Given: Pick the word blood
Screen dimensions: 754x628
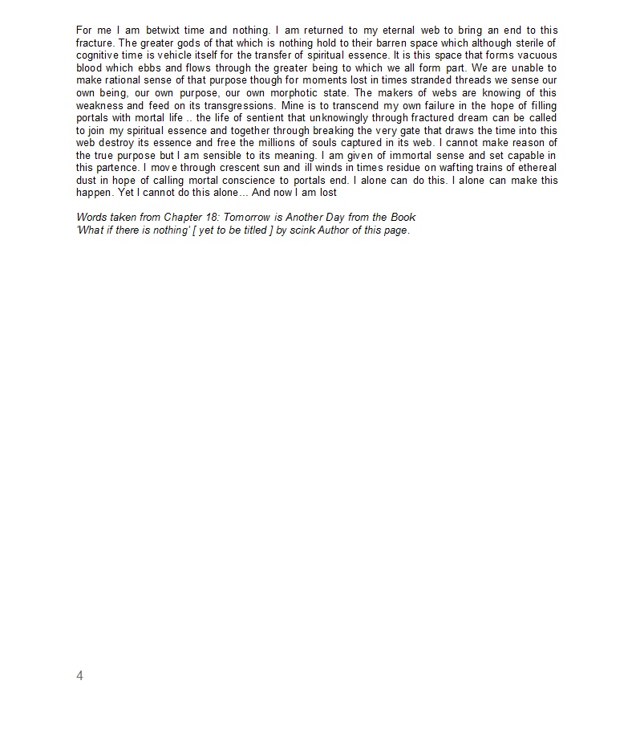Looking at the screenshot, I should (91, 68).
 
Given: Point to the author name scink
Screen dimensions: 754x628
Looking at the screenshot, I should (306, 230).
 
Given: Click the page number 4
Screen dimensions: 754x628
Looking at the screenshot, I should (79, 675).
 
